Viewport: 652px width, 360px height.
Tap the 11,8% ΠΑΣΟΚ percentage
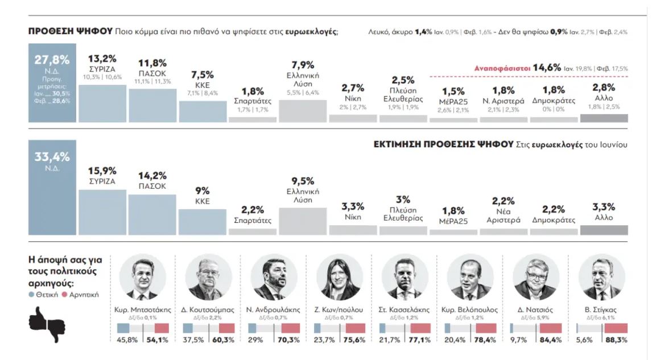(152, 63)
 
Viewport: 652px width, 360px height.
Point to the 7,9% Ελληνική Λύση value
(303, 64)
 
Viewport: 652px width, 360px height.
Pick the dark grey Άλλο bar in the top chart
(604, 118)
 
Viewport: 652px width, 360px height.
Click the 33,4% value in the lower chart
(52, 157)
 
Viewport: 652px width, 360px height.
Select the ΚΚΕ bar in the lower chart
(203, 222)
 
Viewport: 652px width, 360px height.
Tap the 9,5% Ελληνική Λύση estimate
(303, 181)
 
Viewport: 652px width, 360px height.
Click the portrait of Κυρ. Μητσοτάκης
(142, 278)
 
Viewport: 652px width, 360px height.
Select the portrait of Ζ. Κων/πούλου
(339, 278)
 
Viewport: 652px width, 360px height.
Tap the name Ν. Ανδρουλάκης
(274, 310)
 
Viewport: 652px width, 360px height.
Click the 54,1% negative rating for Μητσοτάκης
(158, 340)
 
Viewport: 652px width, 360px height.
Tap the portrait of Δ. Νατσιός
(535, 278)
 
